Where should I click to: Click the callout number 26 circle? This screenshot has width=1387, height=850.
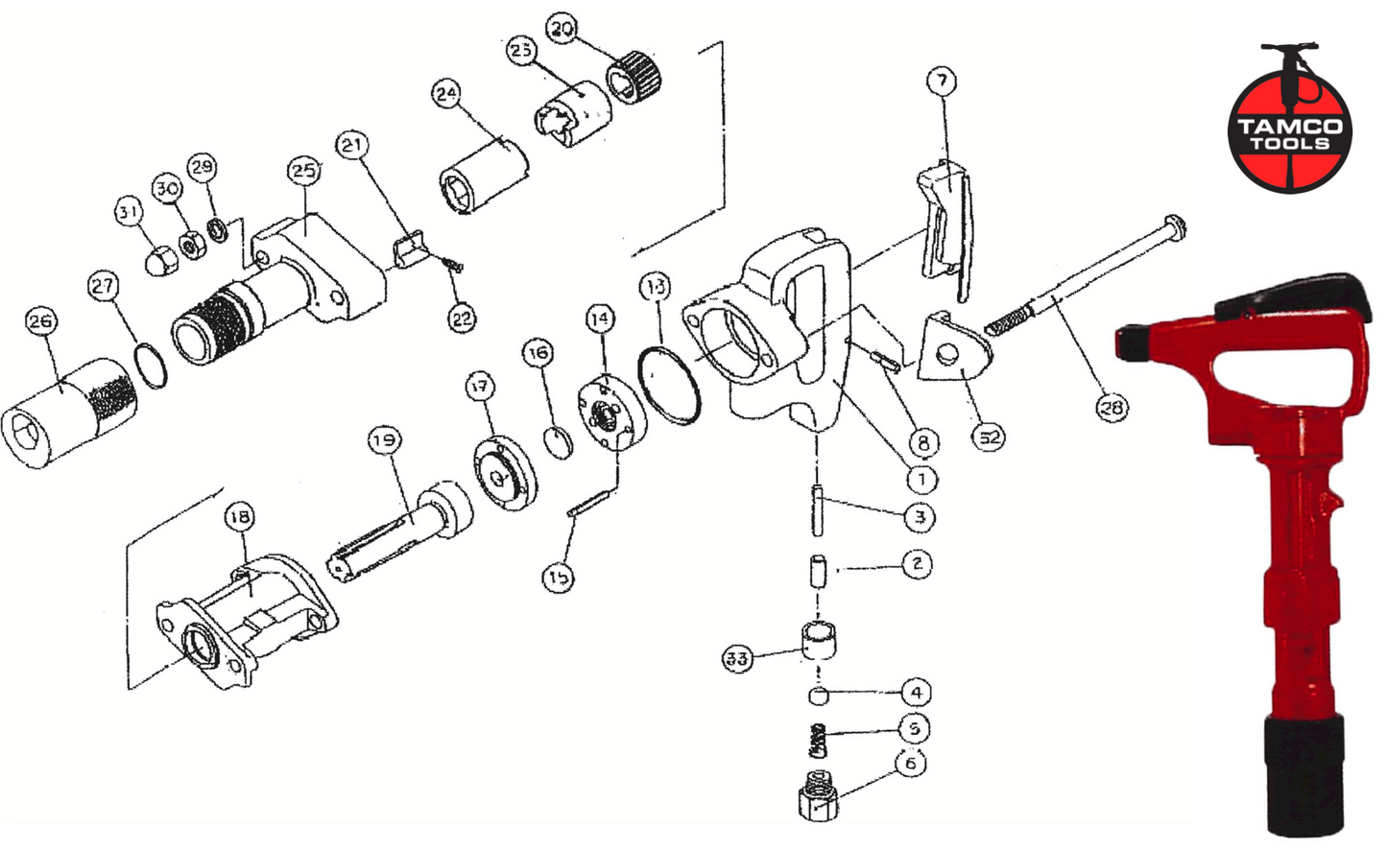point(40,321)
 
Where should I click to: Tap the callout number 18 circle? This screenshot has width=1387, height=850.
point(240,517)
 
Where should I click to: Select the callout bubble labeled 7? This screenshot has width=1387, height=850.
point(942,81)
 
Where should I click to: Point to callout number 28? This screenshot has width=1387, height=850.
point(1112,408)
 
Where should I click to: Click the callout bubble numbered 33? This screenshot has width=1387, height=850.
point(737,658)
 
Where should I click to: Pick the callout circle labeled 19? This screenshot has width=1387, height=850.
point(384,440)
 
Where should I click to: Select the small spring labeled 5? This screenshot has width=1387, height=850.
point(817,740)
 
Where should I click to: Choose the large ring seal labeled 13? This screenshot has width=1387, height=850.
point(669,387)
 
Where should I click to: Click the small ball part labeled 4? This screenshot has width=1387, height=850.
point(816,694)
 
